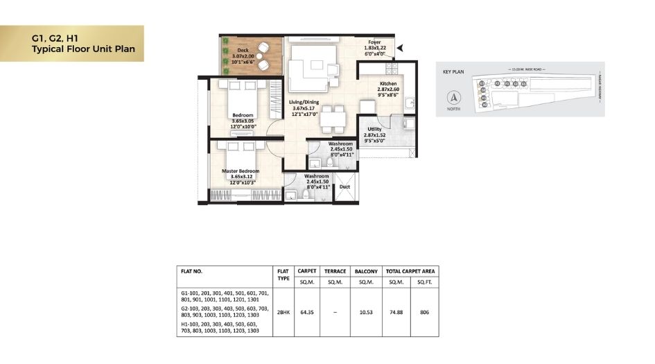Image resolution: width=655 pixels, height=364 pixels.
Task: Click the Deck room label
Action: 243,51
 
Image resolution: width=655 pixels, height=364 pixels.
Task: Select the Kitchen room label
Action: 388,84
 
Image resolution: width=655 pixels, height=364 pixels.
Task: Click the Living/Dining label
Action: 304,103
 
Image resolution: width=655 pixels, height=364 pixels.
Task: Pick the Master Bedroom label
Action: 241,171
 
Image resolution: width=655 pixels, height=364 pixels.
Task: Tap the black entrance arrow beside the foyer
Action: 400,48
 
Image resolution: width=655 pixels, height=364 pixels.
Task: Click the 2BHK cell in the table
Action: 283,313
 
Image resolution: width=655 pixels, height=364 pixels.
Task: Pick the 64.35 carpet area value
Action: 306,313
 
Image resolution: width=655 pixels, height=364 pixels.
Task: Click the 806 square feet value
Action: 425,313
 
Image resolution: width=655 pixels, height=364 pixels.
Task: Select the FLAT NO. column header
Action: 191,272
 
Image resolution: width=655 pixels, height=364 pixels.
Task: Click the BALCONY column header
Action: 365,272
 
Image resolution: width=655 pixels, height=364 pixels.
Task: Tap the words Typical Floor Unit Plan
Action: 82,50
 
